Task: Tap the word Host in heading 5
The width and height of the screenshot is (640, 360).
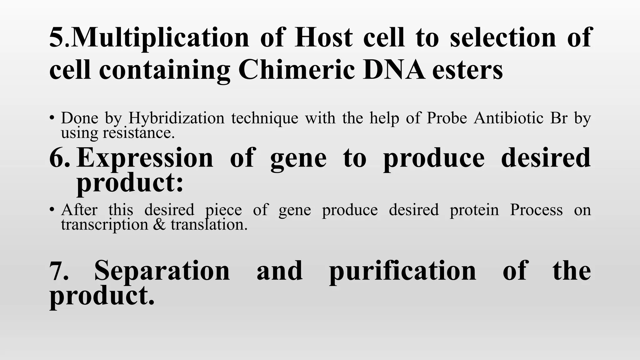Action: tap(323, 37)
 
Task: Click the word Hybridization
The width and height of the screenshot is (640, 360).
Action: tap(176, 118)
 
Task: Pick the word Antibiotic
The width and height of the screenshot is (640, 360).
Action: tap(508, 118)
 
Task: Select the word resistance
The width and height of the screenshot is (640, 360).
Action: tap(138, 133)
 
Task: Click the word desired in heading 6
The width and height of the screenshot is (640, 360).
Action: tap(546, 158)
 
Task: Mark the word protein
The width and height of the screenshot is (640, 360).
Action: tap(474, 210)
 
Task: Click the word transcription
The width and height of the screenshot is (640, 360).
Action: tap(104, 224)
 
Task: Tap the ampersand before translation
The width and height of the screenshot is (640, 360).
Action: tap(159, 225)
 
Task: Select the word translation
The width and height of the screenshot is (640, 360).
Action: tap(209, 224)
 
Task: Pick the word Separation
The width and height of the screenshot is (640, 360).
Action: tap(162, 271)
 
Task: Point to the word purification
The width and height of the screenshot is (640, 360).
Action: tap(402, 271)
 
